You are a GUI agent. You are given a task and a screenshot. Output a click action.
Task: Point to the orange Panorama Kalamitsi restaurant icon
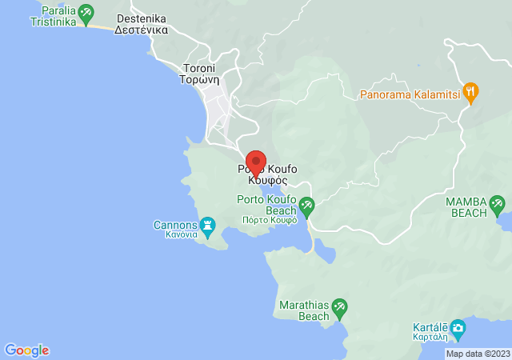tap(471, 93)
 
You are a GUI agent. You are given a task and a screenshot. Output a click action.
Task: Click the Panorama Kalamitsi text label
tap(414, 94)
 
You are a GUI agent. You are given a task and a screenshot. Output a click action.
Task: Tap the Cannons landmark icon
tap(207, 226)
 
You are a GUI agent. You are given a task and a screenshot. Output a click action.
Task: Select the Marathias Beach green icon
tap(340, 306)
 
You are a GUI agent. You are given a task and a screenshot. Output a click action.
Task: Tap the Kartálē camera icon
tap(458, 327)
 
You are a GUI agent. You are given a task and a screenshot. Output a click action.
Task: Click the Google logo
tap(27, 350)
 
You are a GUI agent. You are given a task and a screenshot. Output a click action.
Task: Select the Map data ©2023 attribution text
tap(478, 354)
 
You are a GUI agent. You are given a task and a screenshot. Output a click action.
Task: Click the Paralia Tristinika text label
tap(53, 17)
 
